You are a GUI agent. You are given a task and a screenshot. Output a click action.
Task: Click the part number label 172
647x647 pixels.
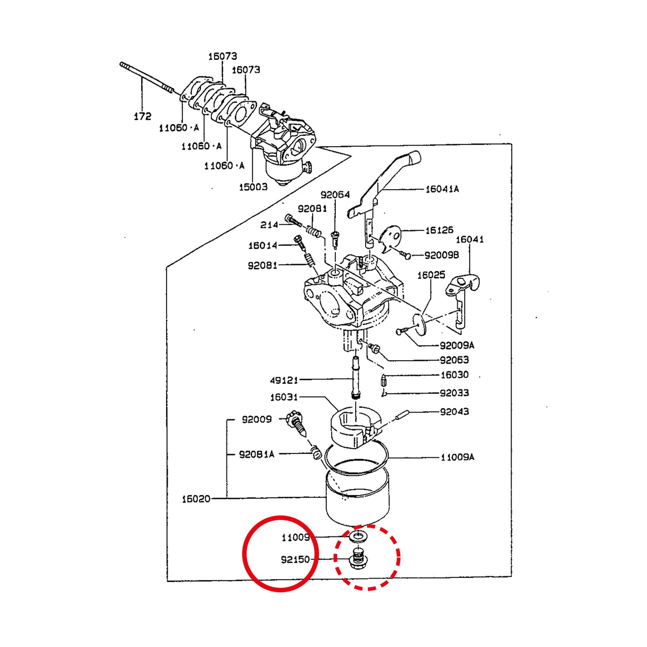pyautogui.click(x=143, y=116)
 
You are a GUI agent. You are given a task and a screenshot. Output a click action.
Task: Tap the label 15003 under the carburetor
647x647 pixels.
pyautogui.click(x=253, y=187)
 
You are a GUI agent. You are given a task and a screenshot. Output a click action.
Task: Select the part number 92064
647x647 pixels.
pyautogui.click(x=335, y=195)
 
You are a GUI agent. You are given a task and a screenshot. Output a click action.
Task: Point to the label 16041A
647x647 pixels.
pyautogui.click(x=442, y=189)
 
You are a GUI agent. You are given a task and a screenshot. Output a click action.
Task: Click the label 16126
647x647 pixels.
pyautogui.click(x=439, y=230)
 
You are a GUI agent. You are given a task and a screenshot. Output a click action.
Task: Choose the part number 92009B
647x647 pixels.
pyautogui.click(x=442, y=255)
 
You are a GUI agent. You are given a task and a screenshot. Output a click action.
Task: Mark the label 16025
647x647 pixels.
pyautogui.click(x=431, y=275)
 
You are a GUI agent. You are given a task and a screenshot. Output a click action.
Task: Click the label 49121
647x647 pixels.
pyautogui.click(x=284, y=381)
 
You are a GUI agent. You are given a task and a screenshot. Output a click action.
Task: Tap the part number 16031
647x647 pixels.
pyautogui.click(x=284, y=397)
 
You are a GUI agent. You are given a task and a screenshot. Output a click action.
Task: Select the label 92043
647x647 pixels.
pyautogui.click(x=455, y=411)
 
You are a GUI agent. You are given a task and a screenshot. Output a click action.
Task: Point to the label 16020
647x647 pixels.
pyautogui.click(x=196, y=499)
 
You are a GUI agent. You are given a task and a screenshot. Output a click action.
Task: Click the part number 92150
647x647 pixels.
pyautogui.click(x=295, y=560)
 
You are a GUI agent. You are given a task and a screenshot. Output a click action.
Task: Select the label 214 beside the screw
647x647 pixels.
pyautogui.click(x=269, y=225)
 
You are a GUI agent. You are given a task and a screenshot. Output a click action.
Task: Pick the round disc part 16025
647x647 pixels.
pyautogui.click(x=419, y=324)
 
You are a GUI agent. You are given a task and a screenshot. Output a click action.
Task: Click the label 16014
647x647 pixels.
pyautogui.click(x=263, y=245)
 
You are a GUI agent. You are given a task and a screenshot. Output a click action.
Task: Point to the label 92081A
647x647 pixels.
pyautogui.click(x=257, y=455)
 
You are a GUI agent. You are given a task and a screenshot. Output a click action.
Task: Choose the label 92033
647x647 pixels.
pyautogui.click(x=455, y=393)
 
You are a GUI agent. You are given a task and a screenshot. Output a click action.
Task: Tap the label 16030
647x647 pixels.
pyautogui.click(x=455, y=375)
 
